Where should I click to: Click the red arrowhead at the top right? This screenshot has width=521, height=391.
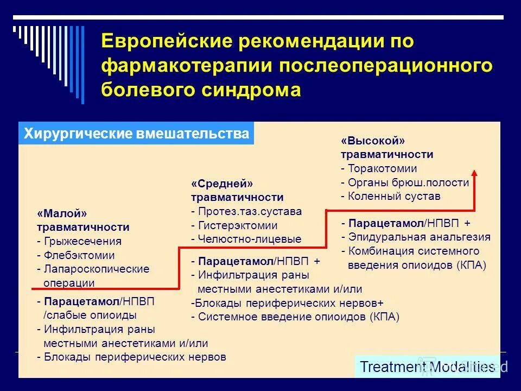pos(474,173)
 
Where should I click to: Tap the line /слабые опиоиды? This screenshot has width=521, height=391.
pos(90,315)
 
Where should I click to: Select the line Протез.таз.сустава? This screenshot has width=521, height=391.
pos(246,211)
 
